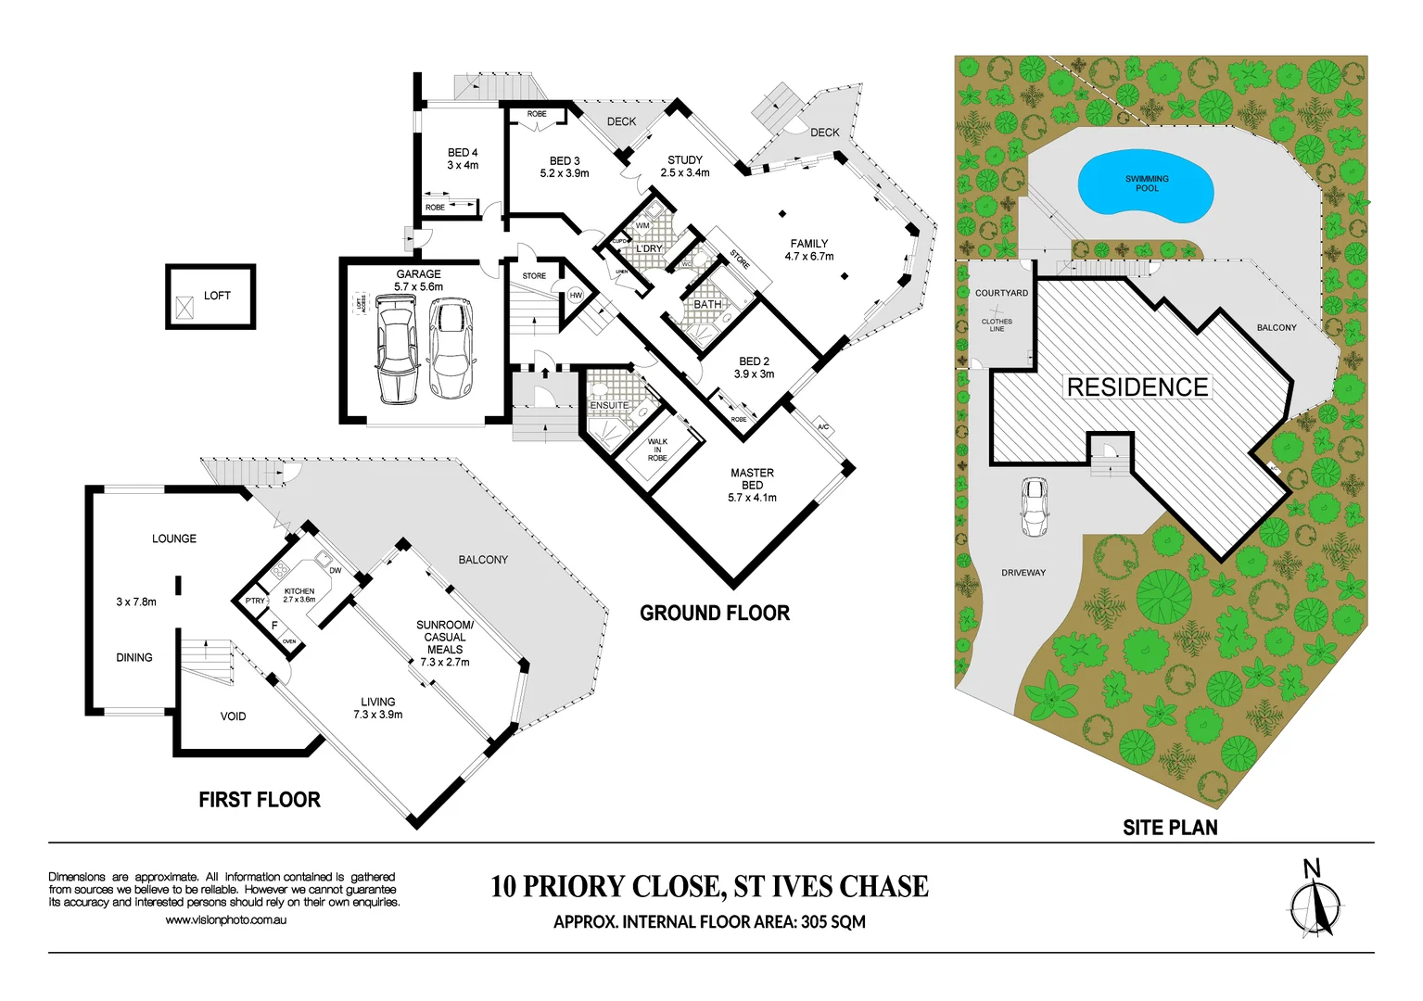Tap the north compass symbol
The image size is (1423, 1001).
point(1315,904)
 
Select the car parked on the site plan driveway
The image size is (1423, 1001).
point(1034,507)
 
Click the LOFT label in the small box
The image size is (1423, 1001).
point(217,296)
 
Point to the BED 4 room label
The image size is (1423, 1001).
point(463,158)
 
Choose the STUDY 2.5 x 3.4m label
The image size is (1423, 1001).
point(685,166)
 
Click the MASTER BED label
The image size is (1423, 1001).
point(752,479)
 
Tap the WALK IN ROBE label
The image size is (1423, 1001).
point(657,450)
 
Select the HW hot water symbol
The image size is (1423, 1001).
point(576,296)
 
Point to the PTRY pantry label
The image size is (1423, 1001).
point(255,601)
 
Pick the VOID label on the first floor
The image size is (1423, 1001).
point(233,716)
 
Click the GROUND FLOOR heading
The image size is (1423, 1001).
point(715,614)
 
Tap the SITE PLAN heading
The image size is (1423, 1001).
point(1170,828)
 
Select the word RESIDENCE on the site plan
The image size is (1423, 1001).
point(1137,387)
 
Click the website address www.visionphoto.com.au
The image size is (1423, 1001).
point(225,920)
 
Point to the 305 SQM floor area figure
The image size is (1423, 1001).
point(833,922)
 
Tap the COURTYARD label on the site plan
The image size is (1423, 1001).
point(1001,293)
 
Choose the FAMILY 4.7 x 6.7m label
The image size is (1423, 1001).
point(809,249)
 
